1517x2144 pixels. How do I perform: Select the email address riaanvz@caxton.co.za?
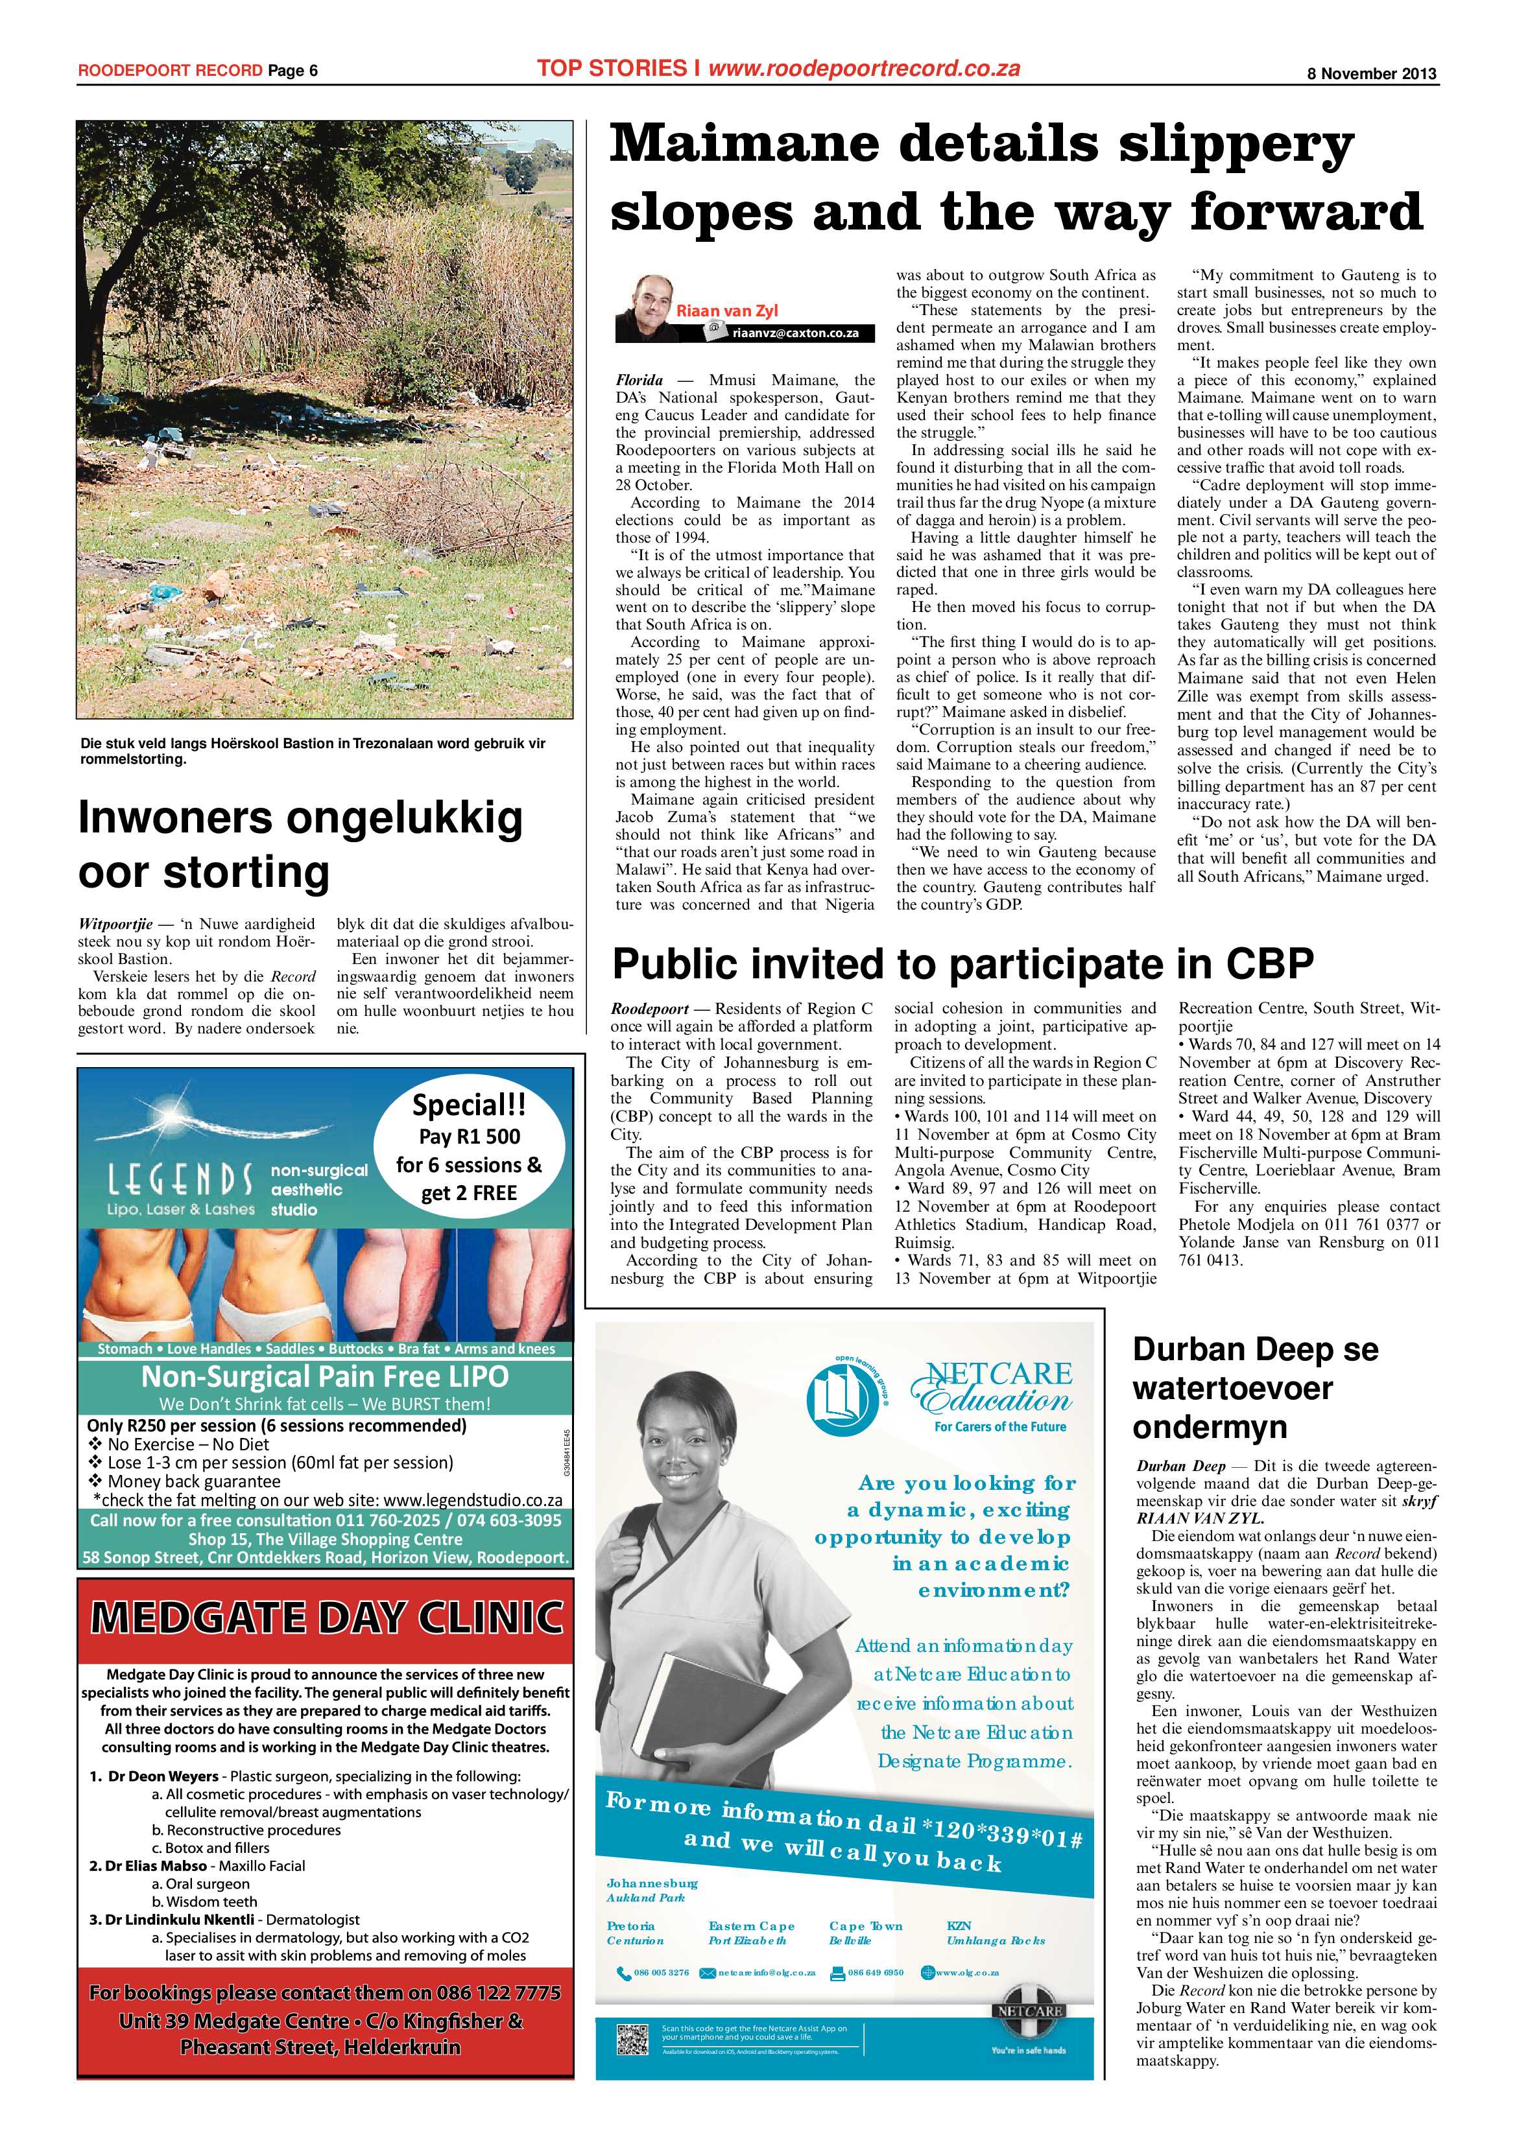[x=795, y=333]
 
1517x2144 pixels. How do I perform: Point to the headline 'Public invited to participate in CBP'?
[x=962, y=963]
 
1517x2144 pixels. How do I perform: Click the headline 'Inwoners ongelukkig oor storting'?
[x=299, y=844]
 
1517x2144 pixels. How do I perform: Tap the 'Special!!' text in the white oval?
[x=469, y=1105]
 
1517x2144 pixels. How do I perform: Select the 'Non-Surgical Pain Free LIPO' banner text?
[x=324, y=1377]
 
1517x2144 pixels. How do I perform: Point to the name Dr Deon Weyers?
[x=163, y=1776]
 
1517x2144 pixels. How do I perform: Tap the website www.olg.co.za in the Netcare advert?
[x=967, y=1973]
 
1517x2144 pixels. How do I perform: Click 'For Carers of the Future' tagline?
[x=999, y=1427]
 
